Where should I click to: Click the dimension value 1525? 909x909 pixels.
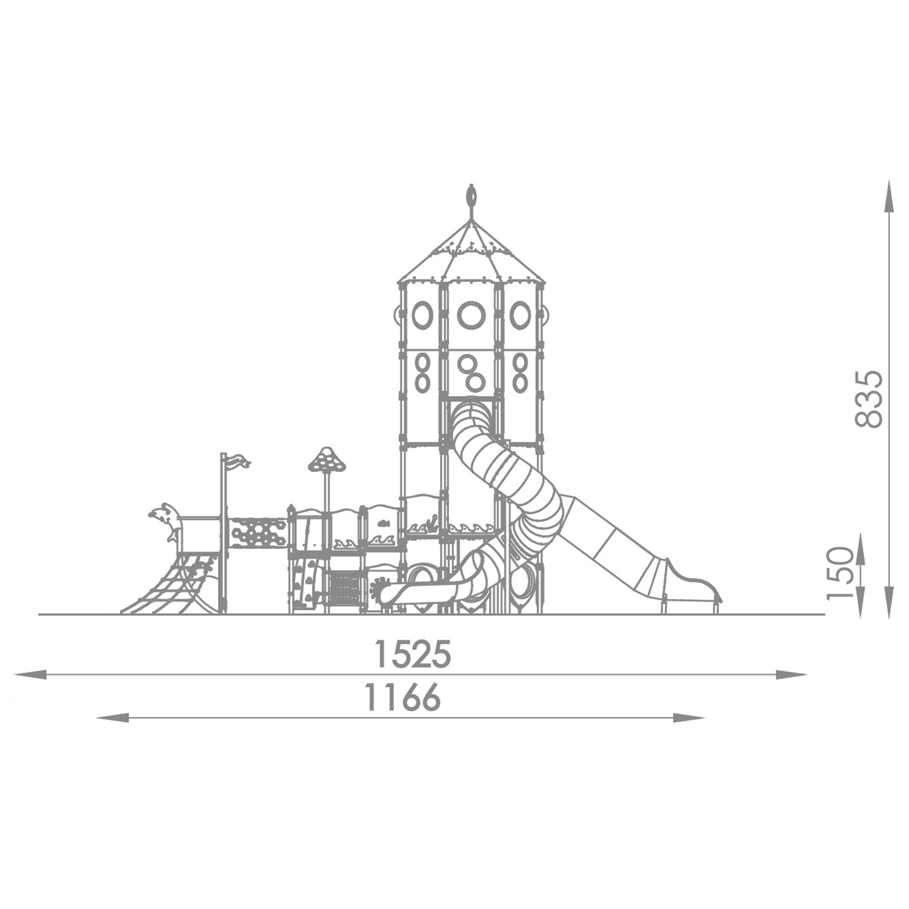413,654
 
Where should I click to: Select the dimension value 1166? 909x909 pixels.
402,697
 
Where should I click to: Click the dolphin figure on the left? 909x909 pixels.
165,520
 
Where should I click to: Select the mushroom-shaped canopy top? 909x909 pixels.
327,460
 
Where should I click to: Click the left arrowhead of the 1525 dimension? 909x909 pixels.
30,674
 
